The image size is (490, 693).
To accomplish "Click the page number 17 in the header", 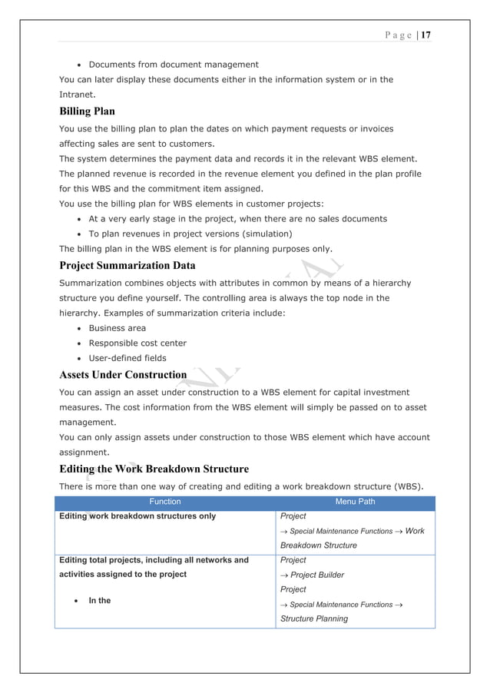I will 425,35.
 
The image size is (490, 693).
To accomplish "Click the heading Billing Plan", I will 87,111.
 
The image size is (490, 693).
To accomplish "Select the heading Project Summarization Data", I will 127,266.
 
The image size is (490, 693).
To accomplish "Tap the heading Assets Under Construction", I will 123,375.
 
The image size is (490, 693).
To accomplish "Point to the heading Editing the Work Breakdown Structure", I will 154,469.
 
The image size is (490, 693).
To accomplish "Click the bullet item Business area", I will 117,328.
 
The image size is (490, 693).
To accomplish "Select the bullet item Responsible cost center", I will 137,343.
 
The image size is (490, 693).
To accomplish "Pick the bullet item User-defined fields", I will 127,358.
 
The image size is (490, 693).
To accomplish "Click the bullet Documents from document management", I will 174,65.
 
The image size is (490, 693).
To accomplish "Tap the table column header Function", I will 165,502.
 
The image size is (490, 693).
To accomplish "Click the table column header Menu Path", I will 356,502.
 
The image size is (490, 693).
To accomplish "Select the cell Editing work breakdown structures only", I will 137,516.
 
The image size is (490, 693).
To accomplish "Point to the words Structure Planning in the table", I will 314,618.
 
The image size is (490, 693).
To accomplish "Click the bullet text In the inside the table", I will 99,601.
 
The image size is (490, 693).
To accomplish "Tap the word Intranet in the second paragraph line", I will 77,94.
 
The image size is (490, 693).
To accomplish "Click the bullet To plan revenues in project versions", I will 190,234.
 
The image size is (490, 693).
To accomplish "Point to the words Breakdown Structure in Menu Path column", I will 318,545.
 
